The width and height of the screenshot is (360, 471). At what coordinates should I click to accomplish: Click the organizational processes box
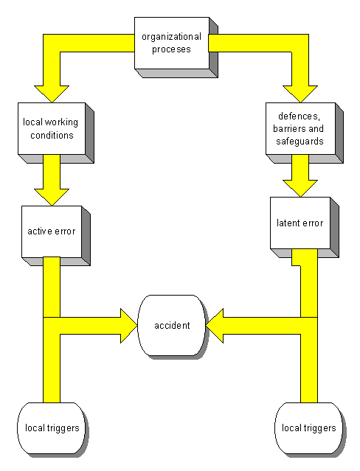pyautogui.click(x=176, y=47)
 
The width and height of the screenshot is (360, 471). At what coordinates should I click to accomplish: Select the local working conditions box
pyautogui.click(x=55, y=133)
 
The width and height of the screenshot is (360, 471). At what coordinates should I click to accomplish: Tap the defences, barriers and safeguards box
pyautogui.click(x=305, y=133)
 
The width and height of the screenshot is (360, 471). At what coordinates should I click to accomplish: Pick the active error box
pyautogui.click(x=55, y=236)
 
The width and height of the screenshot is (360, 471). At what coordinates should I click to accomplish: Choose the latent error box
pyautogui.click(x=305, y=227)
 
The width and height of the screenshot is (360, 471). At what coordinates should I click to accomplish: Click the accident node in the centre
pyautogui.click(x=172, y=326)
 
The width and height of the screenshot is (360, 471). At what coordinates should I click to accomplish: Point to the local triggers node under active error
pyautogui.click(x=52, y=428)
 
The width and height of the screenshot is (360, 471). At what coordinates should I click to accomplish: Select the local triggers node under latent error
pyautogui.click(x=310, y=428)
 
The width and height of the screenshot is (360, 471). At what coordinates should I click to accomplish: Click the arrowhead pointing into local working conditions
pyautogui.click(x=52, y=94)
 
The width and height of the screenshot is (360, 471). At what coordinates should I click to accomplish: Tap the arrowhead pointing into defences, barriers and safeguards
pyautogui.click(x=300, y=94)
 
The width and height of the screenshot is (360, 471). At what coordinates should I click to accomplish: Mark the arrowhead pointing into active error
pyautogui.click(x=52, y=197)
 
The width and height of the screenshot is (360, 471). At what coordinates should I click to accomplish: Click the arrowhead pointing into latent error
pyautogui.click(x=300, y=189)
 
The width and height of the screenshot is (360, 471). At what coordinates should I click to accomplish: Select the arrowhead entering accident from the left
pyautogui.click(x=129, y=326)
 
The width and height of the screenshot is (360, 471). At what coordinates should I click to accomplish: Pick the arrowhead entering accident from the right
pyautogui.click(x=215, y=326)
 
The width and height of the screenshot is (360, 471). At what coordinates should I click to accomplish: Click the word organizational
pyautogui.click(x=171, y=37)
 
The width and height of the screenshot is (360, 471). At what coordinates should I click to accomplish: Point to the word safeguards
pyautogui.click(x=300, y=142)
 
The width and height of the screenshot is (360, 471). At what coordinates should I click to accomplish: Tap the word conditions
pyautogui.click(x=52, y=135)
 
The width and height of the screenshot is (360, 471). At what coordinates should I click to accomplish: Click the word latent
pyautogui.click(x=288, y=223)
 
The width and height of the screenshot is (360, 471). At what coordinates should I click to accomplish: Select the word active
pyautogui.click(x=40, y=231)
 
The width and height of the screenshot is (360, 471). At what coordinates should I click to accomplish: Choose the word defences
pyautogui.click(x=300, y=116)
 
